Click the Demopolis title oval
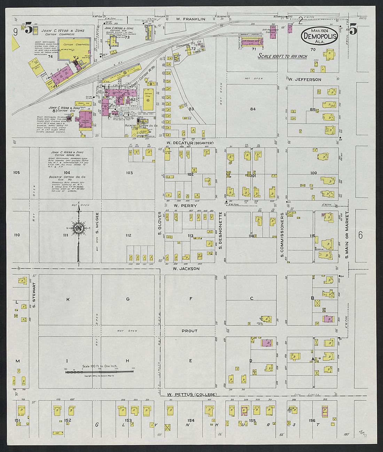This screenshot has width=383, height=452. click(319, 36)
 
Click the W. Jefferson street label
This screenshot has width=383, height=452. click(305, 79)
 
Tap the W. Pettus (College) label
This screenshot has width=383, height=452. click(191, 395)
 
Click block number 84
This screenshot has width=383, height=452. click(253, 109)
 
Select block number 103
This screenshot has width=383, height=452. click(129, 173)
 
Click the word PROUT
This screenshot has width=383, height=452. click(189, 331)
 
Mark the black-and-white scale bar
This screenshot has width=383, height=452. click(99, 372)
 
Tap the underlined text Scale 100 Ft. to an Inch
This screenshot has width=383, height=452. click(282, 56)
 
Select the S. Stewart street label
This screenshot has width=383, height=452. click(34, 295)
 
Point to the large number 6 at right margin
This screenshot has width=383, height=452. click(360, 235)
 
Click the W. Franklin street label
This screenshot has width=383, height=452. click(190, 19)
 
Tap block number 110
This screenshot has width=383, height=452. click(17, 235)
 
